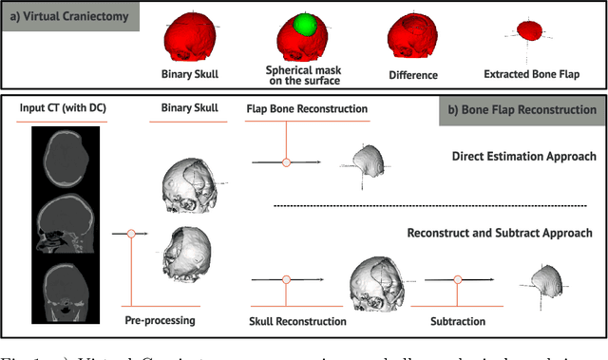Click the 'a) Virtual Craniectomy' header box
pyautogui.click(x=69, y=16)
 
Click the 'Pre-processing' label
pyautogui.click(x=160, y=320)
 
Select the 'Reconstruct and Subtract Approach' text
pyautogui.click(x=500, y=233)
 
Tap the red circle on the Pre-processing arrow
pyautogui.click(x=133, y=232)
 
